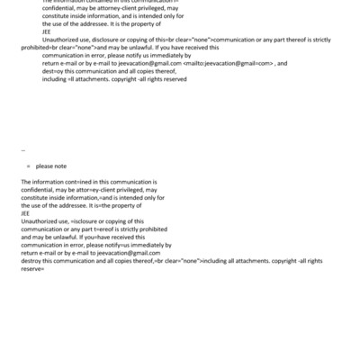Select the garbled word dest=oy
tap(54, 71)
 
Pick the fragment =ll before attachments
tap(70, 79)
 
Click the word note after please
tap(58, 166)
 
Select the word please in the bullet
tap(44, 166)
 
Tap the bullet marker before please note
tap(29, 166)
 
